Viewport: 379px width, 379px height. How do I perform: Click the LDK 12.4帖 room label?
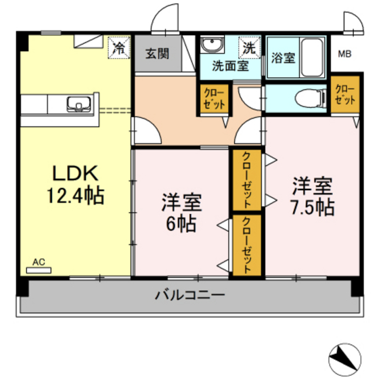pos(74,184)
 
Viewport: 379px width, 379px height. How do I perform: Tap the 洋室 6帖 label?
pos(179,213)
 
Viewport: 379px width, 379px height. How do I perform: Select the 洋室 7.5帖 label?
pos(313,196)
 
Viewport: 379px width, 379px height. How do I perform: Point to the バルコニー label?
pos(189,295)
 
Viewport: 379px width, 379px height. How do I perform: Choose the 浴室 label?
pos(282,57)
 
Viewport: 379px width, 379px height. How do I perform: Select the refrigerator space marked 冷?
pos(119,47)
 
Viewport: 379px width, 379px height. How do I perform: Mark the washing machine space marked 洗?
pos(249,47)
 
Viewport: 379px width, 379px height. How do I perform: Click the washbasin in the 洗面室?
pos(212,46)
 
